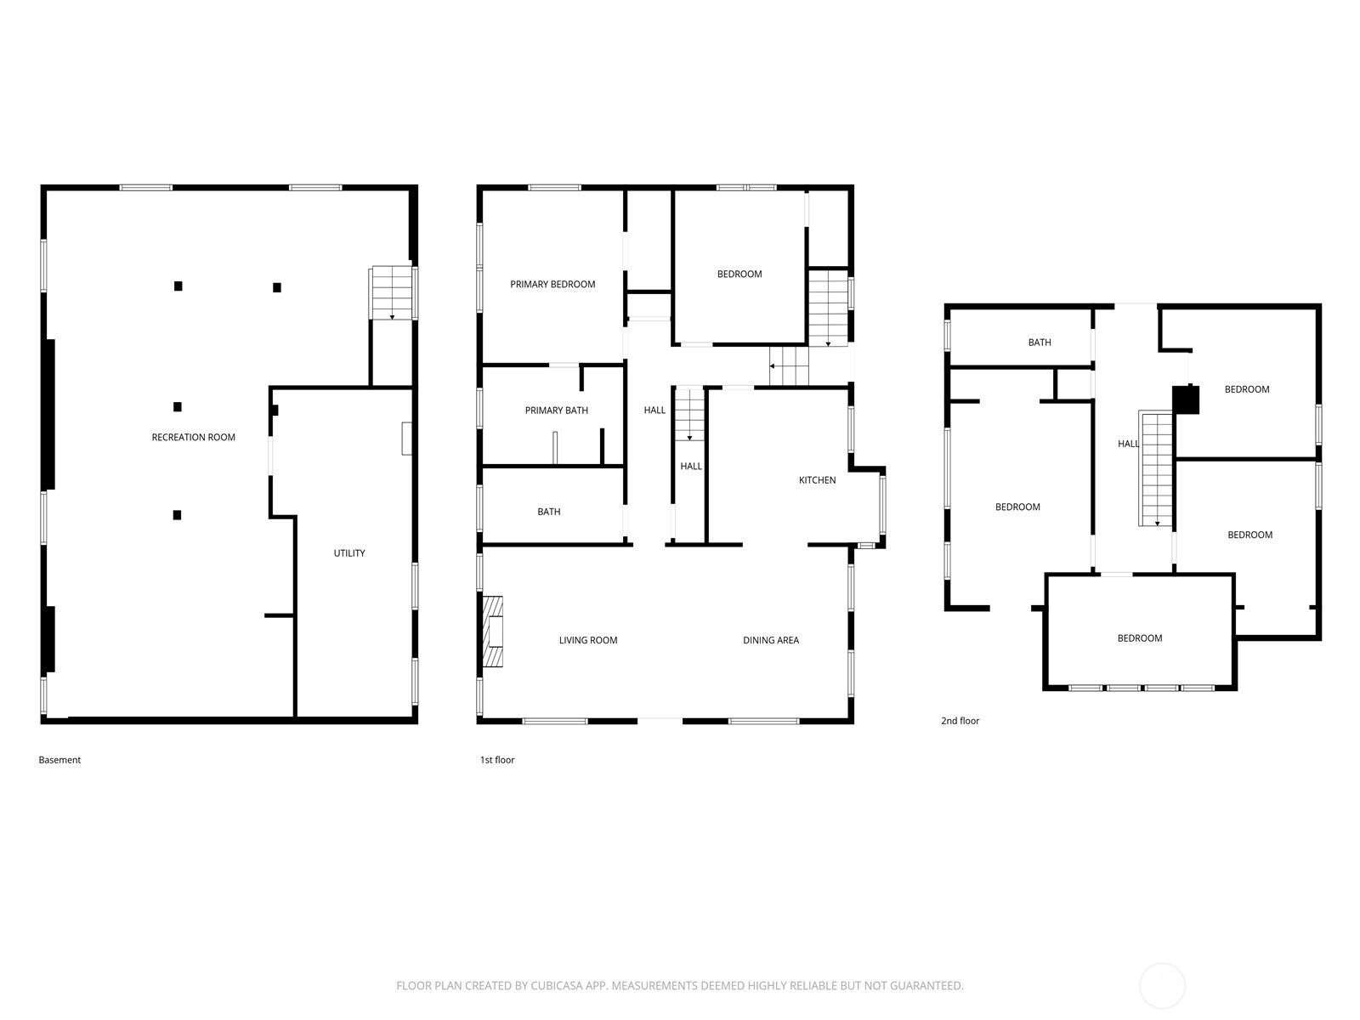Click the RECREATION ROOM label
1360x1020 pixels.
tap(193, 437)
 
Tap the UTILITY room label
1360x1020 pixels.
tap(349, 553)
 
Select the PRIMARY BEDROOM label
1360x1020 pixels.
tap(552, 284)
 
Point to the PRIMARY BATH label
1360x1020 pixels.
tap(557, 410)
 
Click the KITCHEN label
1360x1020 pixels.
tap(817, 480)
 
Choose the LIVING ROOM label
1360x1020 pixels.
tap(588, 640)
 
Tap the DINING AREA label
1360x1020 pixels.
tap(771, 640)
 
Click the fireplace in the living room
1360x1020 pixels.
tap(492, 631)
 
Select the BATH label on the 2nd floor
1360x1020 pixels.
tap(1040, 343)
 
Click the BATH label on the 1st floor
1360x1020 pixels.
tap(549, 512)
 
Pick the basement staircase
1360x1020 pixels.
tap(392, 293)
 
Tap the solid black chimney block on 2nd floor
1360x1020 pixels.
tap(1186, 399)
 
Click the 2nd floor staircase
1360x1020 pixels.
tap(1156, 469)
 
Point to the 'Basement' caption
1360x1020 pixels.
tap(59, 760)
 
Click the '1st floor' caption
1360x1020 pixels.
tap(497, 760)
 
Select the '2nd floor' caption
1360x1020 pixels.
tap(960, 721)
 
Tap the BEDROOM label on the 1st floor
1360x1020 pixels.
tap(739, 274)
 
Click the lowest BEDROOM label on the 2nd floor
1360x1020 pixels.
tap(1140, 637)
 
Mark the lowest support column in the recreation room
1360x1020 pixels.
tap(177, 514)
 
